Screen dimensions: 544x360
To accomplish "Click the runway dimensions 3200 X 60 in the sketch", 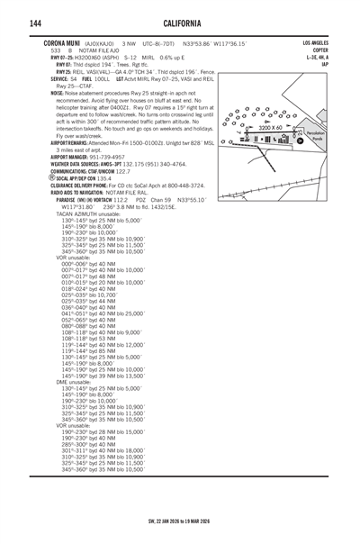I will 271,129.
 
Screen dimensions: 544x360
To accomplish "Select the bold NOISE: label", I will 57,93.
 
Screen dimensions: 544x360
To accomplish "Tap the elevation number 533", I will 56,50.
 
